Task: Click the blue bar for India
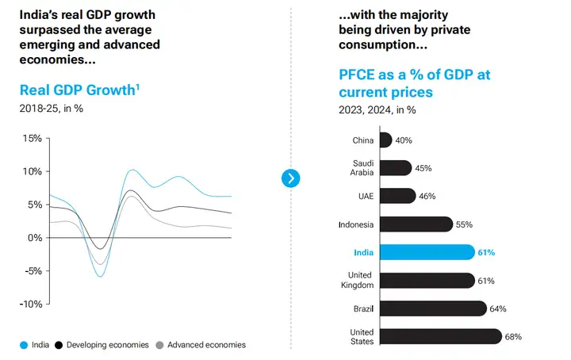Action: click(426, 252)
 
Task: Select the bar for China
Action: click(385, 140)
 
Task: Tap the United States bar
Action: click(440, 336)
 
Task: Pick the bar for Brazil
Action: click(432, 308)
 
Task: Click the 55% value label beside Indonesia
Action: click(465, 224)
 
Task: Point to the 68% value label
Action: click(513, 336)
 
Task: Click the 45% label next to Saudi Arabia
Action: click(423, 168)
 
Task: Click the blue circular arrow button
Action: click(291, 178)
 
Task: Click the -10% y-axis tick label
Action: click(31, 304)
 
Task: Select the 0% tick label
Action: click(35, 238)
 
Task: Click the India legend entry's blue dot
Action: click(25, 345)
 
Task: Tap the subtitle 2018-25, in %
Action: click(51, 108)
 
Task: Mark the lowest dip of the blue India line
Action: click(100, 276)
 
